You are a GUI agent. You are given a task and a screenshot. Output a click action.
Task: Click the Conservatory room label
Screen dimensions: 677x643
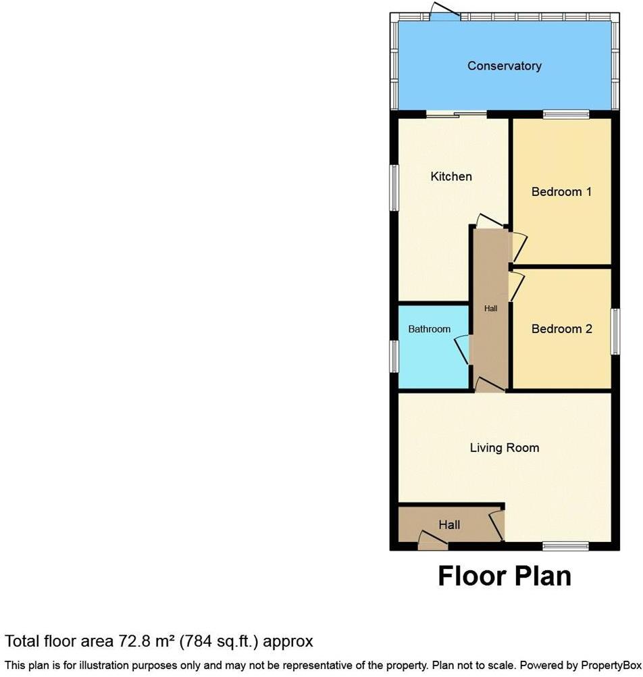pos(504,66)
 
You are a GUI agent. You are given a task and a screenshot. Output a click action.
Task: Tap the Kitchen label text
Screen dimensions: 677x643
pos(451,176)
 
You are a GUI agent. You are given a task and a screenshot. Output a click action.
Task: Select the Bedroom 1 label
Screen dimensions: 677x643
pos(561,192)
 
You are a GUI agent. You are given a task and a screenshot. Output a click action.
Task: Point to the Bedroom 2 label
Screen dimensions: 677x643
pos(561,329)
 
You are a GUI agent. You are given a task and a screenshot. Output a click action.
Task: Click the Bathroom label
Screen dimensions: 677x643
pos(429,329)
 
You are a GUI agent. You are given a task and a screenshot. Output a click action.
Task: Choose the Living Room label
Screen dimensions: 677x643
pos(504,447)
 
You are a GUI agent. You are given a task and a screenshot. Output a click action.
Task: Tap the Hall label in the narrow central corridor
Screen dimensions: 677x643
pos(490,309)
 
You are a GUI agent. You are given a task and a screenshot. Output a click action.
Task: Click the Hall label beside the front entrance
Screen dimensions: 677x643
pos(449,525)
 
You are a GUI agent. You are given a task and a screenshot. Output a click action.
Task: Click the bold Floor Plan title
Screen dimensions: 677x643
pos(504,576)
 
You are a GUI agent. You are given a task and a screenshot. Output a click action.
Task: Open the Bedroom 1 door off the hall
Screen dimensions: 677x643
pos(519,247)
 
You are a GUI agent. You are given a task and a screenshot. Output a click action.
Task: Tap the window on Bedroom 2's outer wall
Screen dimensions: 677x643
pos(615,331)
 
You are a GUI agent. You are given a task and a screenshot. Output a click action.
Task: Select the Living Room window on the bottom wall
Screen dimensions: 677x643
pos(565,545)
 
